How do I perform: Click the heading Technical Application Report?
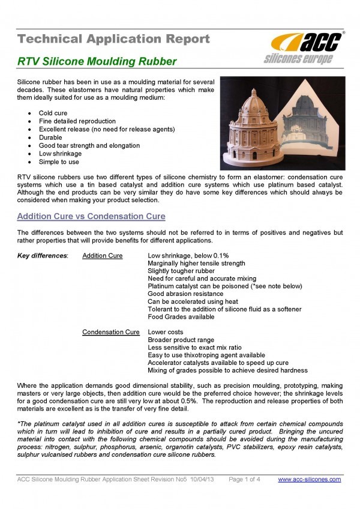(x=114, y=40)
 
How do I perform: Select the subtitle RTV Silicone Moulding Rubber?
(x=97, y=61)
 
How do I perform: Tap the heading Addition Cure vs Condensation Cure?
(x=91, y=216)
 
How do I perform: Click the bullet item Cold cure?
(x=53, y=113)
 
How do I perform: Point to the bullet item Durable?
(x=50, y=137)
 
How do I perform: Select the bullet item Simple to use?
(x=59, y=162)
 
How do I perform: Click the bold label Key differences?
(x=43, y=256)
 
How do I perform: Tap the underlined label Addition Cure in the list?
(x=103, y=256)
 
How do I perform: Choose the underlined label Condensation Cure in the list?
(x=111, y=332)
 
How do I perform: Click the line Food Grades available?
(x=181, y=317)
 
